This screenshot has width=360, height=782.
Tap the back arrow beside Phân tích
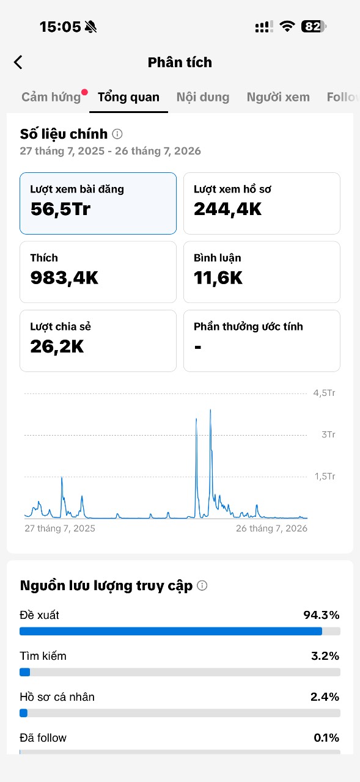[x=18, y=62]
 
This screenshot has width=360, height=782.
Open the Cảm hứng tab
[x=51, y=97]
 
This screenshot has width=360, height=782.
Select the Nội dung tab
[x=203, y=97]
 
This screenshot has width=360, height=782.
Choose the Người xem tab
[x=278, y=97]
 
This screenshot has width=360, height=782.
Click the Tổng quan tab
[x=128, y=97]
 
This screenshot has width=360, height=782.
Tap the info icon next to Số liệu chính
[x=117, y=134]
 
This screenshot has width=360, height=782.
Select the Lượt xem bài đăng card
[x=98, y=203]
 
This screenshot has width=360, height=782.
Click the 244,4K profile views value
[x=227, y=209]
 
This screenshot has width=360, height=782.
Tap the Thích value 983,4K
[x=65, y=278]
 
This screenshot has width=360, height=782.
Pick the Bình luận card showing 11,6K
[x=262, y=272]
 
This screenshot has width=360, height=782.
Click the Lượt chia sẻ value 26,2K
[x=57, y=346]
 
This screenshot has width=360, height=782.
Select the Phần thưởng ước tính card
[x=262, y=341]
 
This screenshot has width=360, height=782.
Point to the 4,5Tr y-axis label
[x=324, y=393]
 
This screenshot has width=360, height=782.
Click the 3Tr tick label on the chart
[x=328, y=434]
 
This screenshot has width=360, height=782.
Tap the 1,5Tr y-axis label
[x=325, y=476]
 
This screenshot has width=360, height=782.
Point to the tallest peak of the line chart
[x=210, y=410]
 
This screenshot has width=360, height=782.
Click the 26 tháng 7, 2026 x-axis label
[x=271, y=528]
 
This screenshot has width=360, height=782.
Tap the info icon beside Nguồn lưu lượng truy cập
[x=202, y=585]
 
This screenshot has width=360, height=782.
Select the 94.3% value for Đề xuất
[x=321, y=615]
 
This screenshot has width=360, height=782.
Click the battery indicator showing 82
[x=314, y=26]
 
